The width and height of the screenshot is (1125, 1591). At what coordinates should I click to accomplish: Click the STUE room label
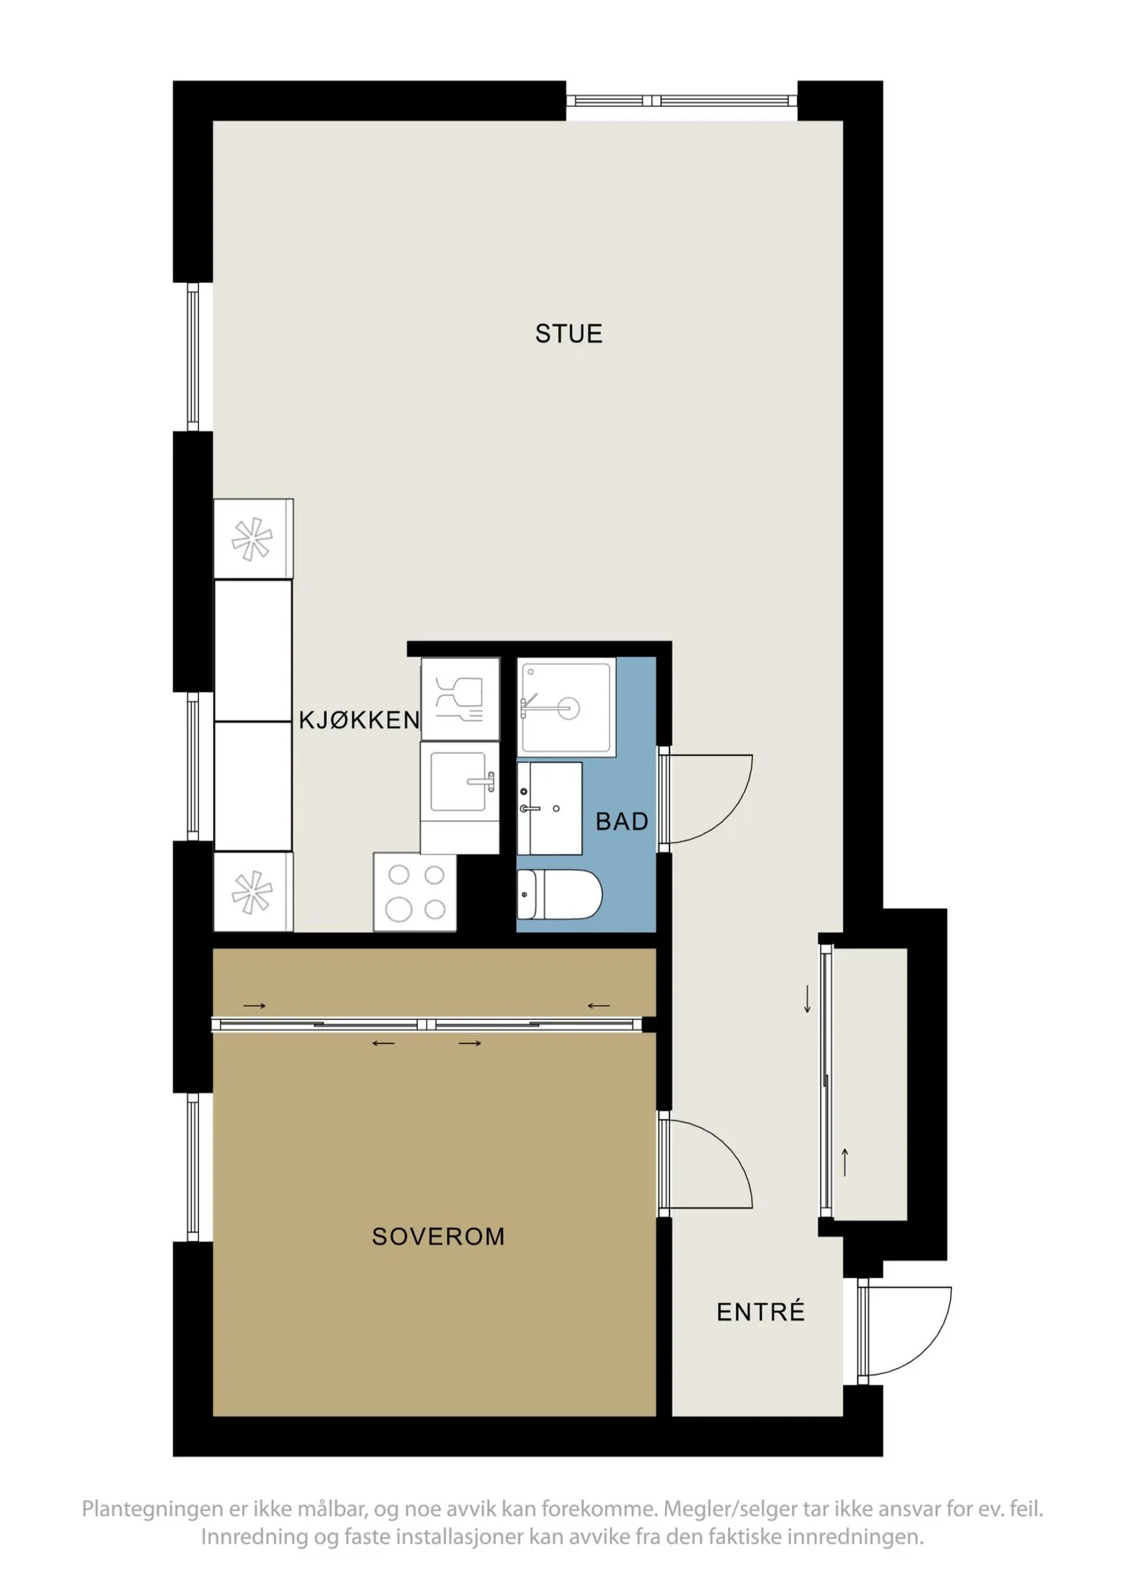tap(568, 334)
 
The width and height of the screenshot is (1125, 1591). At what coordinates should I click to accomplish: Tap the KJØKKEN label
tap(359, 720)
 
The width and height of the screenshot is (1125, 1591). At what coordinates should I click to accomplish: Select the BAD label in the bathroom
tap(622, 822)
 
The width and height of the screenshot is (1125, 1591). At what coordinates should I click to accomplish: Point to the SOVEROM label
tap(438, 1237)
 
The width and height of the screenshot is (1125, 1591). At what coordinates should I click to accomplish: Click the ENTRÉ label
tap(761, 1312)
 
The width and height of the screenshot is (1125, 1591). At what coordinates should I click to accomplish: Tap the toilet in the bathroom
tap(559, 894)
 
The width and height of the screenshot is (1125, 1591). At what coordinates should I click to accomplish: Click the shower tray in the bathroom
tap(566, 707)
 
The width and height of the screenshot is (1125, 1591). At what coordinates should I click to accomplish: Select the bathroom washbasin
tap(549, 808)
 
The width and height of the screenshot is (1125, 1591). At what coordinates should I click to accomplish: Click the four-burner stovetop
tap(415, 892)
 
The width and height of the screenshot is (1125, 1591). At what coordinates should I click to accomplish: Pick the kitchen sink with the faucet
tap(460, 781)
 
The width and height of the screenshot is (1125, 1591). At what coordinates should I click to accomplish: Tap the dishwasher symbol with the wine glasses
tap(460, 698)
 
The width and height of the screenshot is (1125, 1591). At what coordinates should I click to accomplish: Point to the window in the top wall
tap(682, 101)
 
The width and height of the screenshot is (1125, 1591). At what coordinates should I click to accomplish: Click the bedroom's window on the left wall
tap(193, 1167)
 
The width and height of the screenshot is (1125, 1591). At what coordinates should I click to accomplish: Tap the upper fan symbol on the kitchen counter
tap(253, 539)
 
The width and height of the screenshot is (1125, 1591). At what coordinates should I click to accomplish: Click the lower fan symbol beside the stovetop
tap(253, 891)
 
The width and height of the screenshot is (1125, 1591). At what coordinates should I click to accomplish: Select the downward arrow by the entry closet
tap(807, 1000)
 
